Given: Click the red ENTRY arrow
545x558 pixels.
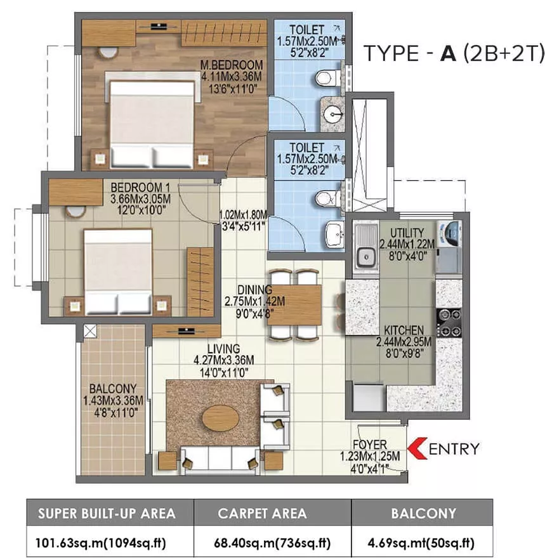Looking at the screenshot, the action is (416, 448).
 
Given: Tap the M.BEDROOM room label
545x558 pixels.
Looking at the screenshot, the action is (232, 65).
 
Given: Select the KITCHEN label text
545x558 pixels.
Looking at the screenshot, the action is (404, 330).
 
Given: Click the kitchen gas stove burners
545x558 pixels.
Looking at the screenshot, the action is (449, 323).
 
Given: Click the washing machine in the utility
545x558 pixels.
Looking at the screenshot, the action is (450, 233).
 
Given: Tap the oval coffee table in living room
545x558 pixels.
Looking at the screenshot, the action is (221, 418).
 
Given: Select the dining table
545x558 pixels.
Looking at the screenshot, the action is (294, 305).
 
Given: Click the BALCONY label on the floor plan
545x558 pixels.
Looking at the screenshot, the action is (113, 388).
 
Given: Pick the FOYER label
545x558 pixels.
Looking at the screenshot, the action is (369, 444).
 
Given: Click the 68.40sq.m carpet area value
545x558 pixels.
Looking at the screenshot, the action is (272, 543).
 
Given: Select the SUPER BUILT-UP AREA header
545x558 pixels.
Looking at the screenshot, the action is (107, 513).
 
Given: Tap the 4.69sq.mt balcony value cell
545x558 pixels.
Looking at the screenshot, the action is (421, 543).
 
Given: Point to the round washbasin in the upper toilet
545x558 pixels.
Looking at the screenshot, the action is (334, 114).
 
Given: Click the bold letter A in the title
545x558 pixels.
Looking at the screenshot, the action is (448, 54).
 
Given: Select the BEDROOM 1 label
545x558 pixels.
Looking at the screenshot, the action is (140, 187).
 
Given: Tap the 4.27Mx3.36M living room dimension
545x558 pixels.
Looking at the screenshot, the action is (224, 360).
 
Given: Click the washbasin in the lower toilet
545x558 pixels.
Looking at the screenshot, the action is (334, 234).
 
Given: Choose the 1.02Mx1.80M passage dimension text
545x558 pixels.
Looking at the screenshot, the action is (243, 214).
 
